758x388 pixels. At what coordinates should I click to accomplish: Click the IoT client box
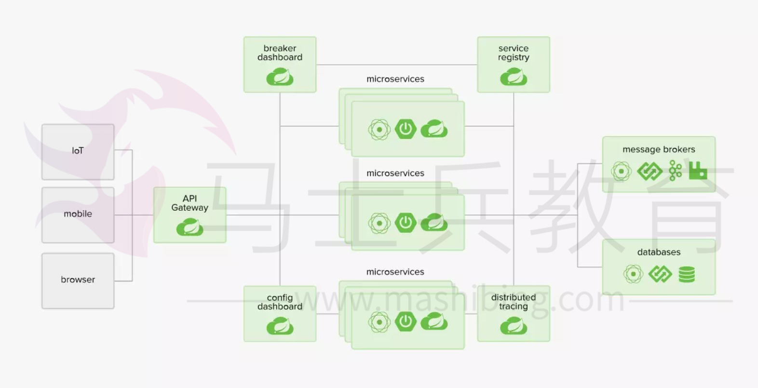click(78, 152)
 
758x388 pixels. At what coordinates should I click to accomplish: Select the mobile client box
click(78, 215)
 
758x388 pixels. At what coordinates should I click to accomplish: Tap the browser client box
click(78, 281)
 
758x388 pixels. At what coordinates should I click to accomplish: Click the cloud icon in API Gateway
click(190, 227)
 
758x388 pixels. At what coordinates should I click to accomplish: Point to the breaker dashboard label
click(280, 53)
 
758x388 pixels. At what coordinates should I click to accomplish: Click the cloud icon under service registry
click(514, 77)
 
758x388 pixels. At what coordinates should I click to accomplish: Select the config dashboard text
click(280, 302)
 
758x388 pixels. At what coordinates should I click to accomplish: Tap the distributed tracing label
click(514, 302)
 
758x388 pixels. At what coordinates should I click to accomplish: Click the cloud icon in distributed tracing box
click(514, 326)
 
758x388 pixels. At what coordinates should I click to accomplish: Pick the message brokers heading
click(659, 149)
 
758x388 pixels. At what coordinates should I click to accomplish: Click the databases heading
click(659, 252)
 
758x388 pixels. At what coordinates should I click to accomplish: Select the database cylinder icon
click(687, 274)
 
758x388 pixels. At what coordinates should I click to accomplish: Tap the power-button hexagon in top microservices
click(406, 129)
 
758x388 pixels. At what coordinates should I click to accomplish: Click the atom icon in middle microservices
click(379, 223)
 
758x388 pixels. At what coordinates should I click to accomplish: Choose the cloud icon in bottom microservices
click(434, 321)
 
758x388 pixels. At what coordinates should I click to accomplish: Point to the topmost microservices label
click(395, 79)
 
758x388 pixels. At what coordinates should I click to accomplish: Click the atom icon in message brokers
click(621, 171)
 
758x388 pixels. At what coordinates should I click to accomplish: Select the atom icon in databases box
click(633, 274)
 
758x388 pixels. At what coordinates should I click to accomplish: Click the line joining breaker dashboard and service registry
click(396, 65)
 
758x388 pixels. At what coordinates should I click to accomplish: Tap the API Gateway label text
click(190, 203)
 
